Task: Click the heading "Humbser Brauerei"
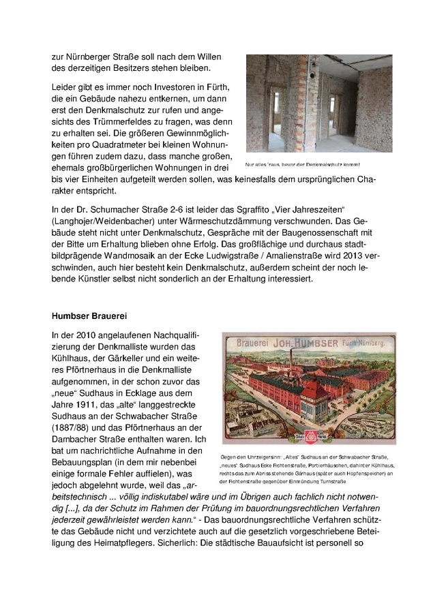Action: coord(89,316)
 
